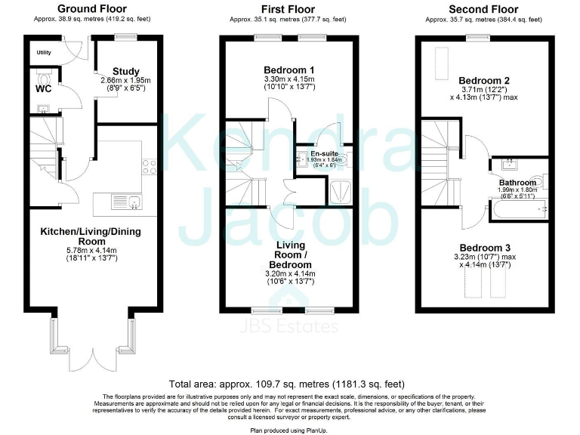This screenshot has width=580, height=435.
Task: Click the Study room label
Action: pos(125,72)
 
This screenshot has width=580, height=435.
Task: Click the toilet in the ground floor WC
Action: pos(43,78)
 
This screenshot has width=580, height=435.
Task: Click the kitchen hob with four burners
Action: pos(148,166)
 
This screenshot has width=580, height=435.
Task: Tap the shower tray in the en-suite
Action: pos(341,191)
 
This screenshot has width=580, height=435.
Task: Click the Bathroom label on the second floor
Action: pos(517,182)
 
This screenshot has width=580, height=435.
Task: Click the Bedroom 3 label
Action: pos(484,248)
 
